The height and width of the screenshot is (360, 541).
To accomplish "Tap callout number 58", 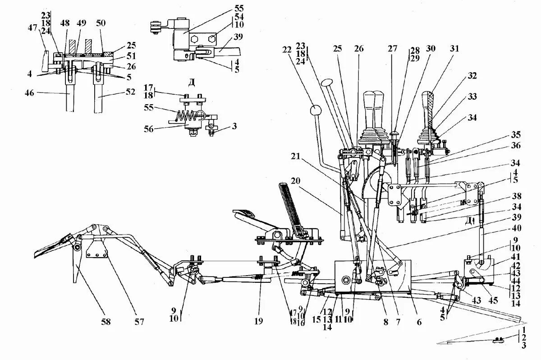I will (105, 322).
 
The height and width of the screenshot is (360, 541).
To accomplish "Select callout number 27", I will (392, 48).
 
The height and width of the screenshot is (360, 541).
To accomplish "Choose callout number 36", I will (515, 146).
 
